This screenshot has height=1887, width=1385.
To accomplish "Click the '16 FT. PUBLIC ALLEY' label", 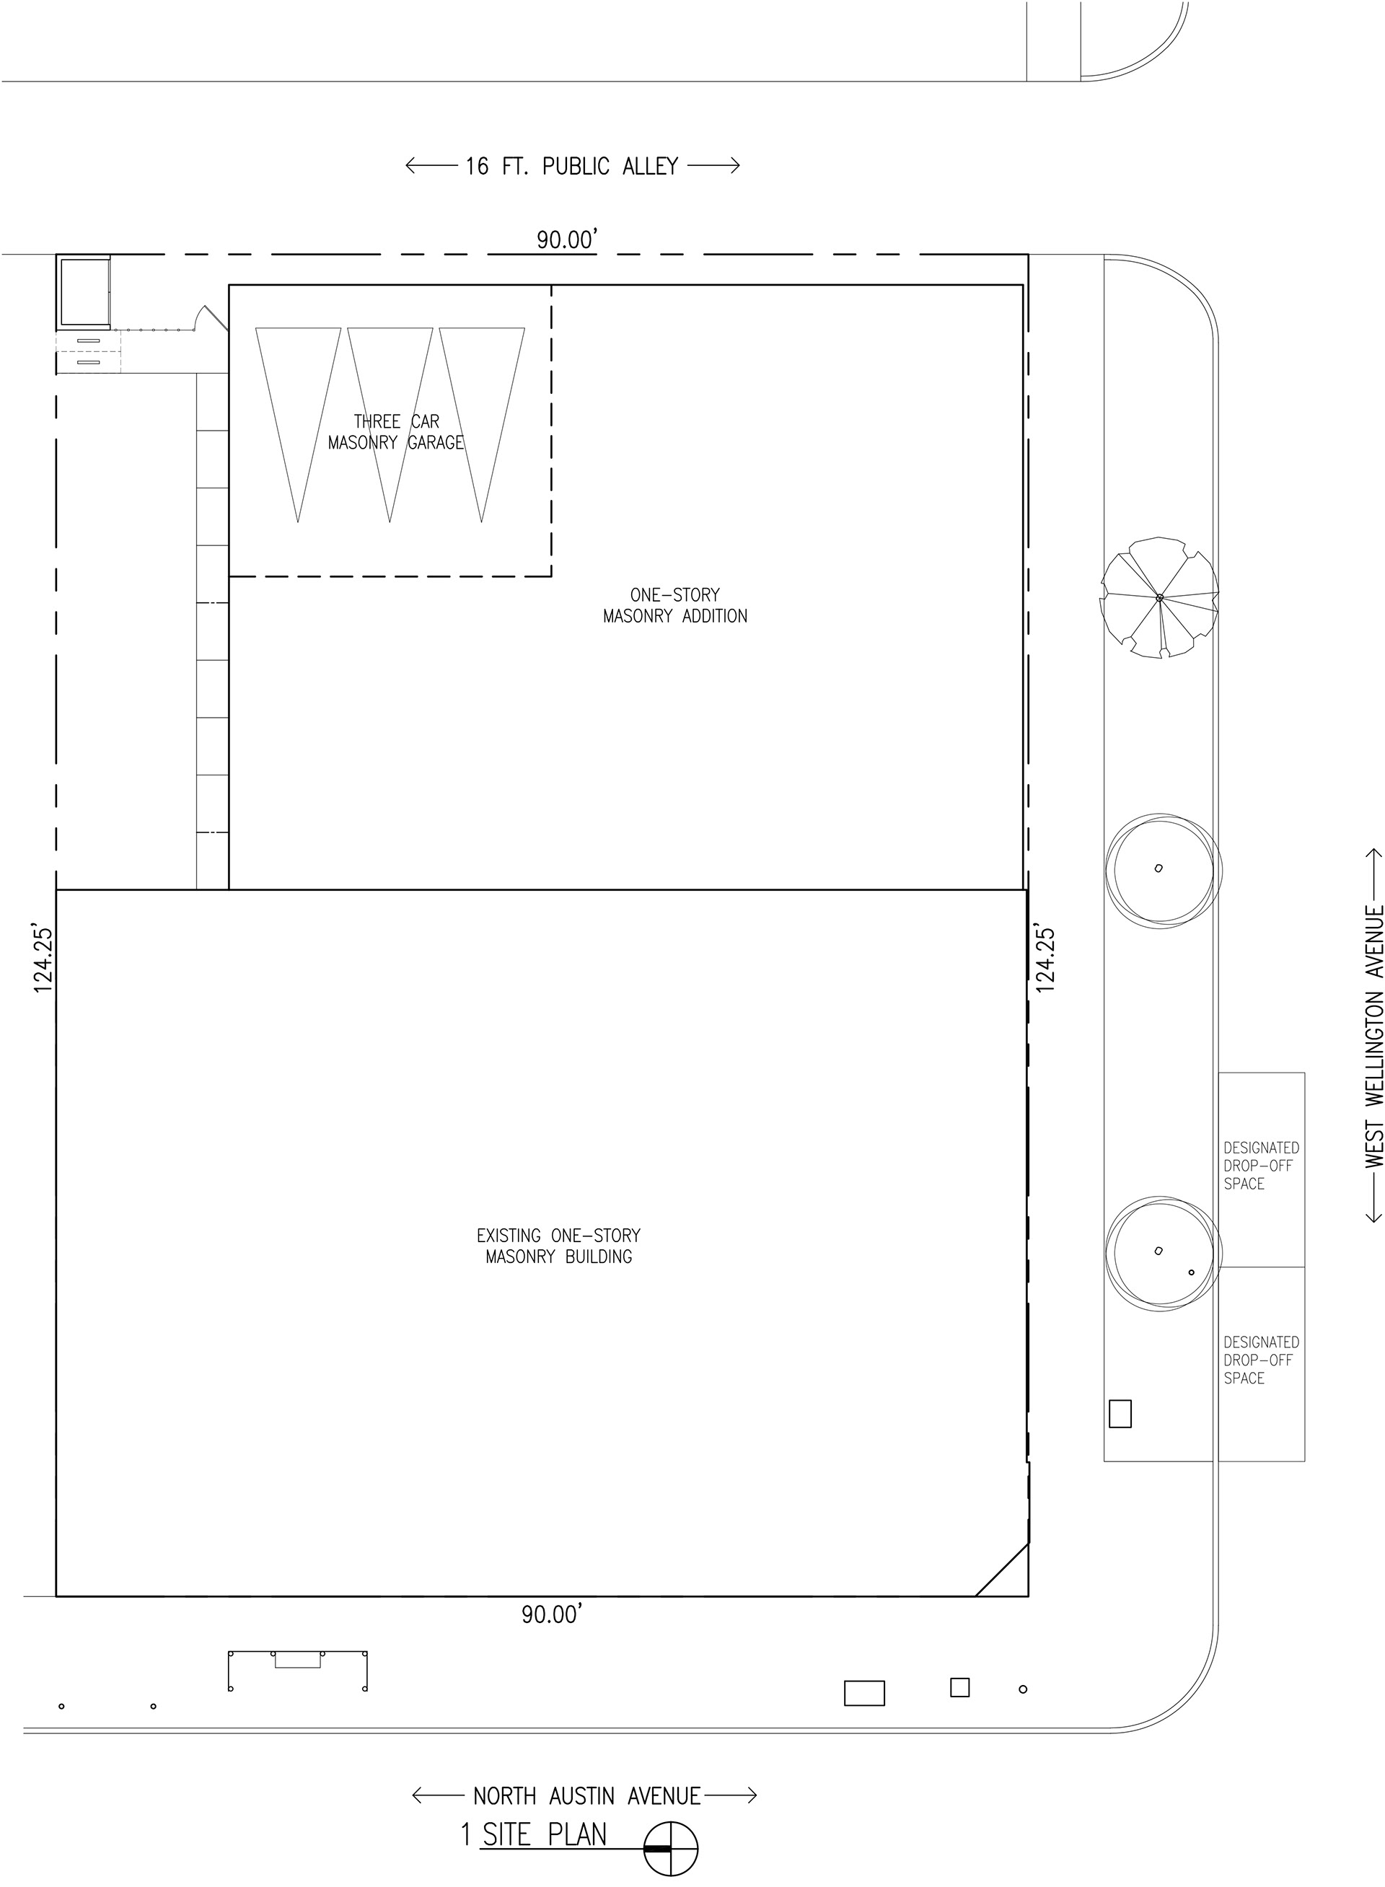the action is [572, 166].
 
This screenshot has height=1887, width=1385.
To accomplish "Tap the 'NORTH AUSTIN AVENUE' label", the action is [587, 1795].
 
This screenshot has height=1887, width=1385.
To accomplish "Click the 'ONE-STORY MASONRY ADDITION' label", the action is [675, 605].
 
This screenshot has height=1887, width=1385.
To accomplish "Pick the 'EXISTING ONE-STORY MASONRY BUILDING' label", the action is [558, 1246].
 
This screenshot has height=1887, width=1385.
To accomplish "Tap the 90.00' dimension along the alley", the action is [568, 239].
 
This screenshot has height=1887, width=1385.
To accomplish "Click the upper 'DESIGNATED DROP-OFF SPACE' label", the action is [1261, 1165].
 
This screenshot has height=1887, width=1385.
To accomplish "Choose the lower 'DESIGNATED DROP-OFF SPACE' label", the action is [1261, 1360].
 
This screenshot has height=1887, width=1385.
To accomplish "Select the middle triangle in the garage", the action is [390, 425].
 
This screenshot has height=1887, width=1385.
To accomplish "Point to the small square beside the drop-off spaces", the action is [1120, 1413].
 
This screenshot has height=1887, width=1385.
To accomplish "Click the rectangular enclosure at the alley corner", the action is [84, 291].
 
